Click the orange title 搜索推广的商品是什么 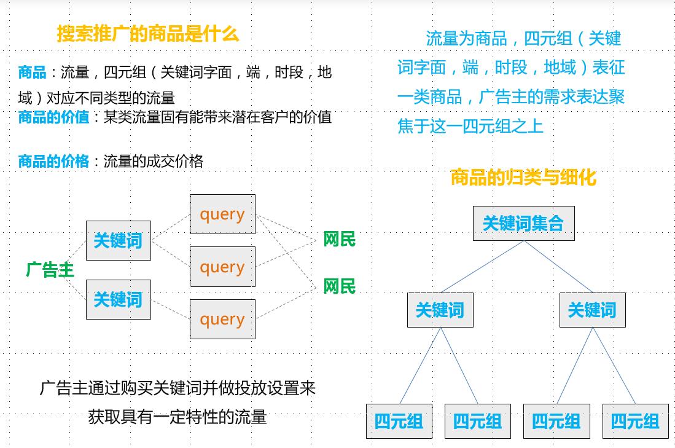coord(147,33)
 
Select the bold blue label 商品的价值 coord(53,117)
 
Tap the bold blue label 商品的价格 coord(53,161)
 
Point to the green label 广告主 coord(50,269)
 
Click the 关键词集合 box coord(523,223)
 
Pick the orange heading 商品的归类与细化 coord(523,178)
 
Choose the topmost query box coord(222,214)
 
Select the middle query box coord(222,267)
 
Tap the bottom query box coord(222,319)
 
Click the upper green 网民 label coord(339,240)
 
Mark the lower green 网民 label coord(339,286)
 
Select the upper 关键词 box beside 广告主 coord(118,240)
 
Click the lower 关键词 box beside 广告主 coord(118,299)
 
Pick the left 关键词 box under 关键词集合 coord(440,310)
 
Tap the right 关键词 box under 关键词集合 coord(592,310)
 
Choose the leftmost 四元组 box coord(399,421)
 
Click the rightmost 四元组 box coord(635,421)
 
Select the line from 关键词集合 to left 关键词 coord(482,266)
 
